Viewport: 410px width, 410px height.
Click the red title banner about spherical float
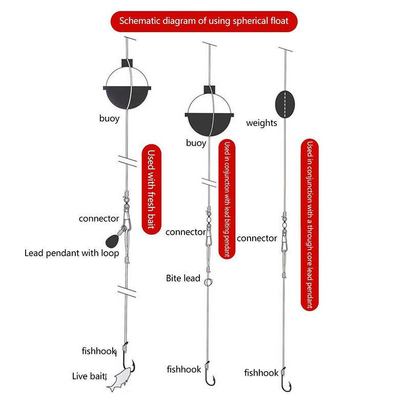(204, 21)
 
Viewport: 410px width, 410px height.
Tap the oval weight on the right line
(285, 105)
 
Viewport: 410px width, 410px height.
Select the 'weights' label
(261, 123)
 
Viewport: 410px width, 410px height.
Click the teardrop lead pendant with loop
(113, 240)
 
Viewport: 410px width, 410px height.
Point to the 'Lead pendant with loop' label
(72, 253)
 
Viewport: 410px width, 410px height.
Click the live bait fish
(120, 379)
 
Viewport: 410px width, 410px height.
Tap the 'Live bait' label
(89, 376)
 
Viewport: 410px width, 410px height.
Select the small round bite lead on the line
(208, 282)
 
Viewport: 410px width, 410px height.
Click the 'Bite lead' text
(183, 278)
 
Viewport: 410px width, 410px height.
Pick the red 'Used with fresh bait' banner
(151, 189)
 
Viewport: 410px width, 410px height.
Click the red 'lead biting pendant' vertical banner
(227, 199)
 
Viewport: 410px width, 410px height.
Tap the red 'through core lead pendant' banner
(310, 224)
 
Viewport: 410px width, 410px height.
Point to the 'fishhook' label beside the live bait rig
(98, 351)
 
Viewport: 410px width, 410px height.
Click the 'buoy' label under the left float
(109, 118)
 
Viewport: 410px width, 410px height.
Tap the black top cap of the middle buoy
(209, 89)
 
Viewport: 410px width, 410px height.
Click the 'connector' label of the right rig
(257, 238)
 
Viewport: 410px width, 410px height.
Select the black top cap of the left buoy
(127, 63)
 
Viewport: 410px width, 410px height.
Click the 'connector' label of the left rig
(99, 218)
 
